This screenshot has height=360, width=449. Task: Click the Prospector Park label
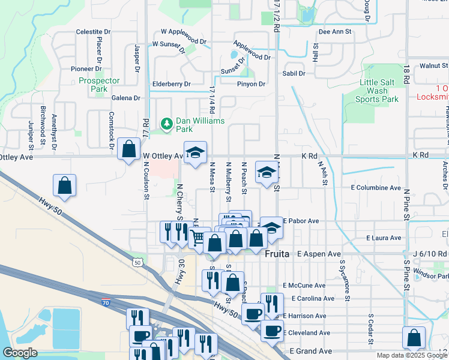click(100, 85)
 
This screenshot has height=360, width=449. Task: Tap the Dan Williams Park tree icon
click(166, 124)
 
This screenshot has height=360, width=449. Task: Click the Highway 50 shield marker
click(138, 262)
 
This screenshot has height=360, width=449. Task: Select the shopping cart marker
click(198, 237)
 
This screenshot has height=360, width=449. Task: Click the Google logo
click(20, 353)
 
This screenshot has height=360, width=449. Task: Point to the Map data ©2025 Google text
click(411, 355)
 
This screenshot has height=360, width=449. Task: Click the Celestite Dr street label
click(93, 32)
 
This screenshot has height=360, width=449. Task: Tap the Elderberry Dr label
click(171, 85)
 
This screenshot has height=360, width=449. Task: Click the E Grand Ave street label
click(310, 350)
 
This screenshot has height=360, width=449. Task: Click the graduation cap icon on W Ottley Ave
click(195, 153)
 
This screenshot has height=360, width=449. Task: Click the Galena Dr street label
click(125, 98)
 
